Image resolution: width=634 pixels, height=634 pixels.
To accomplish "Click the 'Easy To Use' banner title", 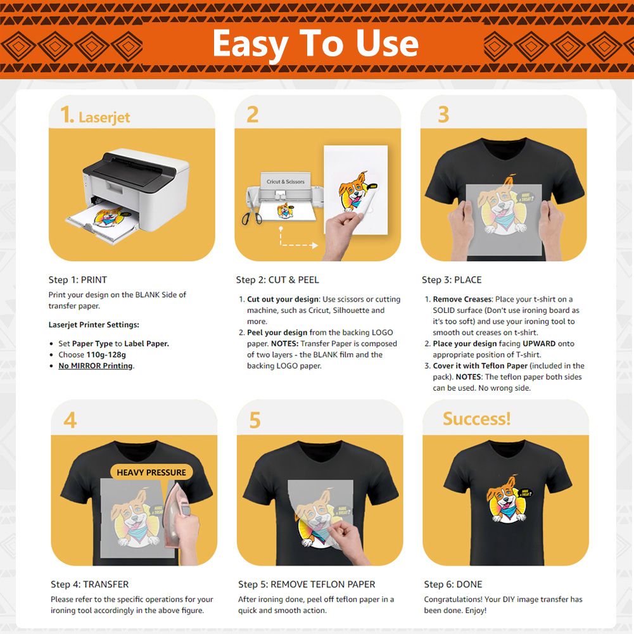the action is point(315,44).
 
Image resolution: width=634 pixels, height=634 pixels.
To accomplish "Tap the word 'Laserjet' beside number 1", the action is point(105,117).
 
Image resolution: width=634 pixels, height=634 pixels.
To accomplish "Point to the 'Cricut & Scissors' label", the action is point(286,182).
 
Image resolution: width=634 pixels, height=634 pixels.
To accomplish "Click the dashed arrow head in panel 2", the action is point(315,245).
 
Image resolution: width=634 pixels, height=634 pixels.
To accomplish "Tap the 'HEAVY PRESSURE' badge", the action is point(151,472).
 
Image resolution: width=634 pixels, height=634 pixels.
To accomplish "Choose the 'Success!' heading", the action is point(477,419).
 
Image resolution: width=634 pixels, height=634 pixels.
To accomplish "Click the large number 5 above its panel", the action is point(255,421).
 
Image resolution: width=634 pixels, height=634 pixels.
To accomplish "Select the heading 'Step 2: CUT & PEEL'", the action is point(277,280).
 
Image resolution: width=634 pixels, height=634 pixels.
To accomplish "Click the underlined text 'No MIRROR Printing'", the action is point(96,365).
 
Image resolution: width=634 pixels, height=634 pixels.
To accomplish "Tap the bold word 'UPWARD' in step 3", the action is point(539,343).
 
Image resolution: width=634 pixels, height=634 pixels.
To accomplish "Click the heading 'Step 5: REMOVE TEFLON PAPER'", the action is point(307,584).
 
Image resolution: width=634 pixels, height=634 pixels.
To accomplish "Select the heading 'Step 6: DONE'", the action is point(453,584).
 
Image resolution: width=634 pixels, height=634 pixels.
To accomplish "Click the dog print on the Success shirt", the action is point(508,500).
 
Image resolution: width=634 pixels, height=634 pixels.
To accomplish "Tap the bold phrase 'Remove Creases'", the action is point(462,299).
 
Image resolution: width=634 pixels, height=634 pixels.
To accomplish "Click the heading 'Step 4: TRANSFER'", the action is point(90,584).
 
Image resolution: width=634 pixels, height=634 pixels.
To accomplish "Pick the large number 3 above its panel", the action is point(443,115).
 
